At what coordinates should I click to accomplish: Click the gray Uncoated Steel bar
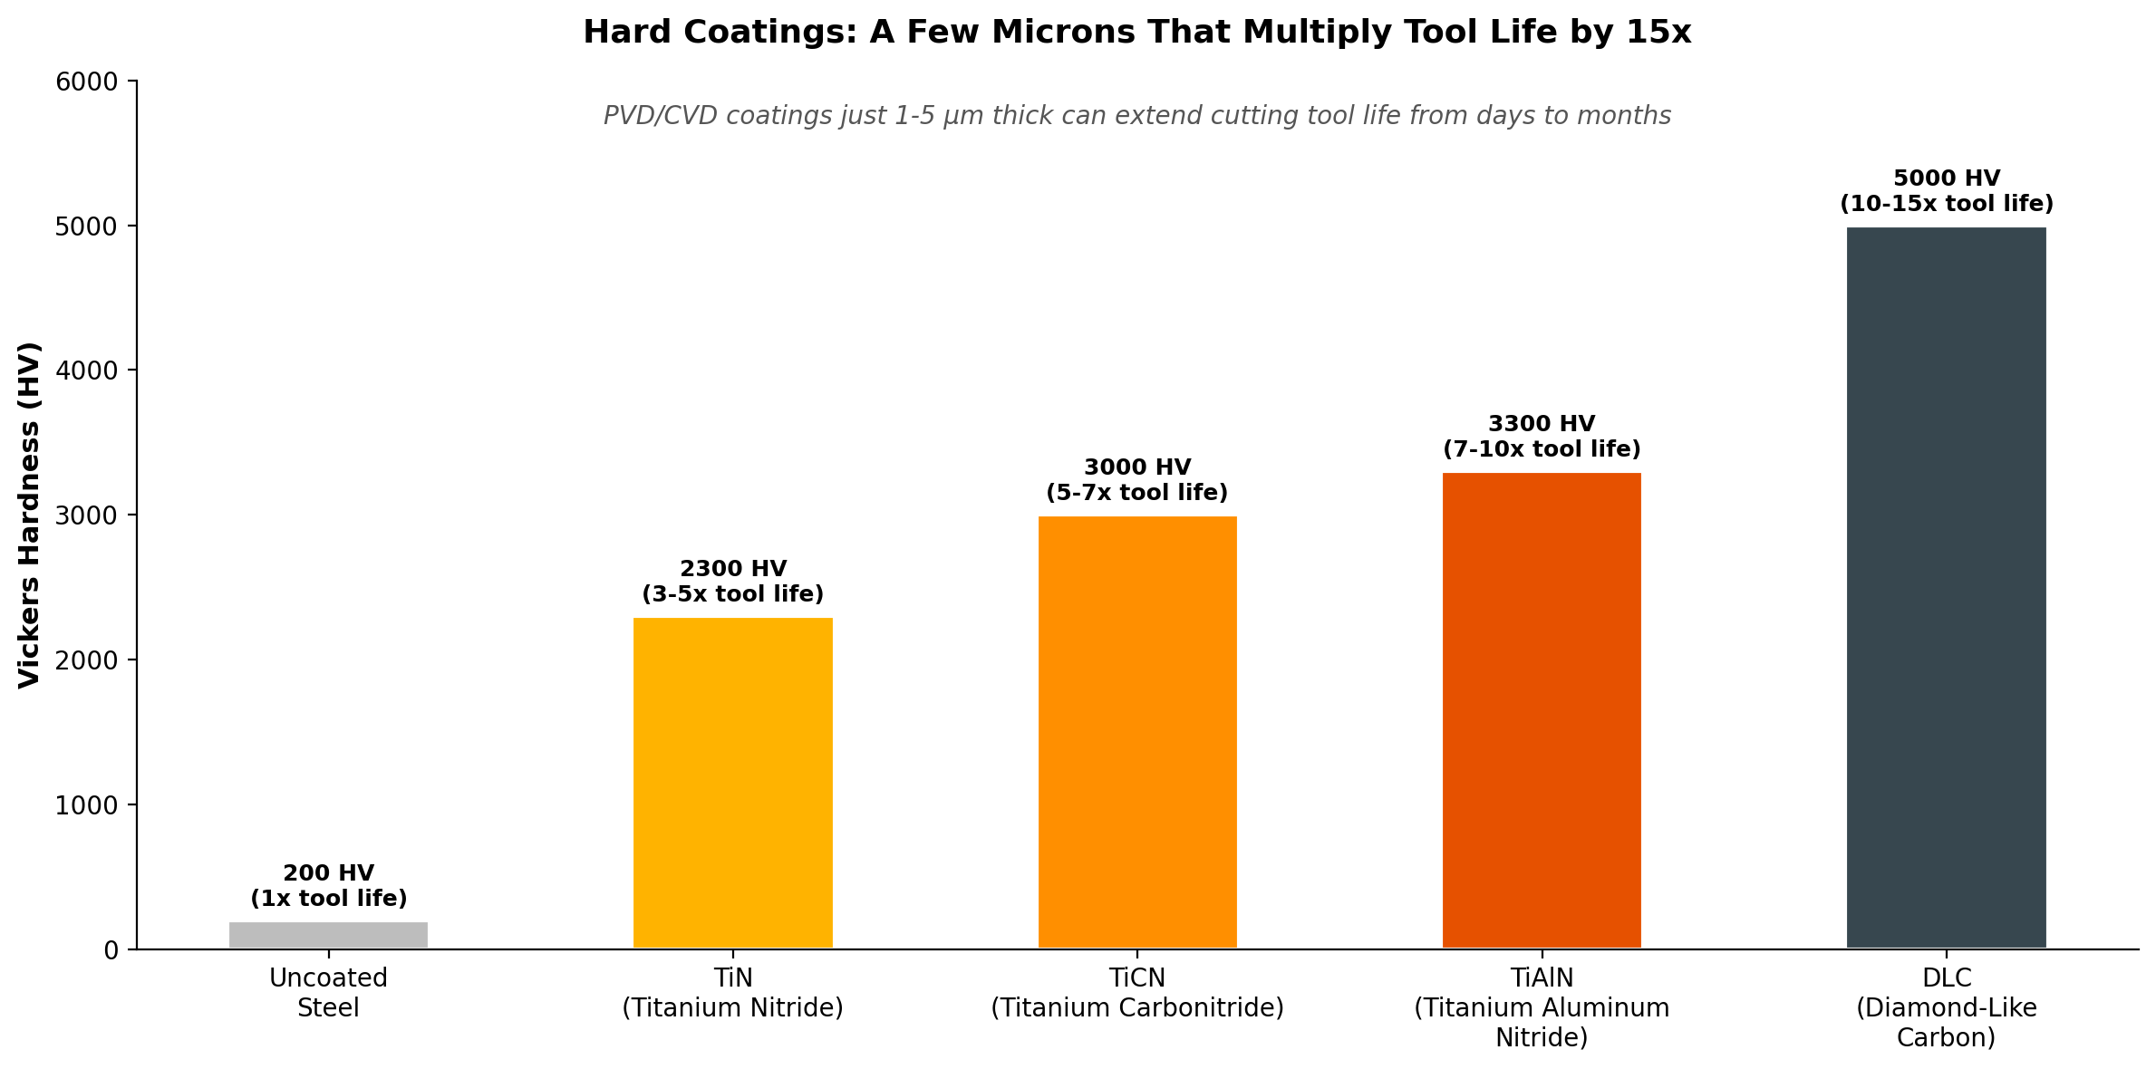(328, 935)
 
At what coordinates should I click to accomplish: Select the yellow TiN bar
(732, 783)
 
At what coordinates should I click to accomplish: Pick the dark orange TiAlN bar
(1542, 710)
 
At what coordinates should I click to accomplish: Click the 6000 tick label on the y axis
(87, 82)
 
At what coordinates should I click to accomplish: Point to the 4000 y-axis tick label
(87, 371)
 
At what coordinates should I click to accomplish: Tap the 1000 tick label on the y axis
(87, 805)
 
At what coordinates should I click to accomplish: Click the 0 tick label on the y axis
(111, 950)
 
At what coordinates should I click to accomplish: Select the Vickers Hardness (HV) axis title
(29, 515)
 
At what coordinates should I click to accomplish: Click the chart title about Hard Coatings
(1136, 33)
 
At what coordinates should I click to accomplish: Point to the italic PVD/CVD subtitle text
(1136, 116)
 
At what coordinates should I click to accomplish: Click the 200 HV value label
(328, 873)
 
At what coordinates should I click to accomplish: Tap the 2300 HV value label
(732, 569)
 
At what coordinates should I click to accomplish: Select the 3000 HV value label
(1137, 467)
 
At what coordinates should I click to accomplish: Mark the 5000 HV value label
(1946, 178)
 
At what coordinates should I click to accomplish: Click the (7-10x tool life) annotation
(1542, 449)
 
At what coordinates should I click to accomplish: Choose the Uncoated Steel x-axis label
(328, 993)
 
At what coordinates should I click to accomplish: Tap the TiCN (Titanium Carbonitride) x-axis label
(1137, 993)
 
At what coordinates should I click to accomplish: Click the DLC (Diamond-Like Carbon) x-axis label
(1946, 1007)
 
